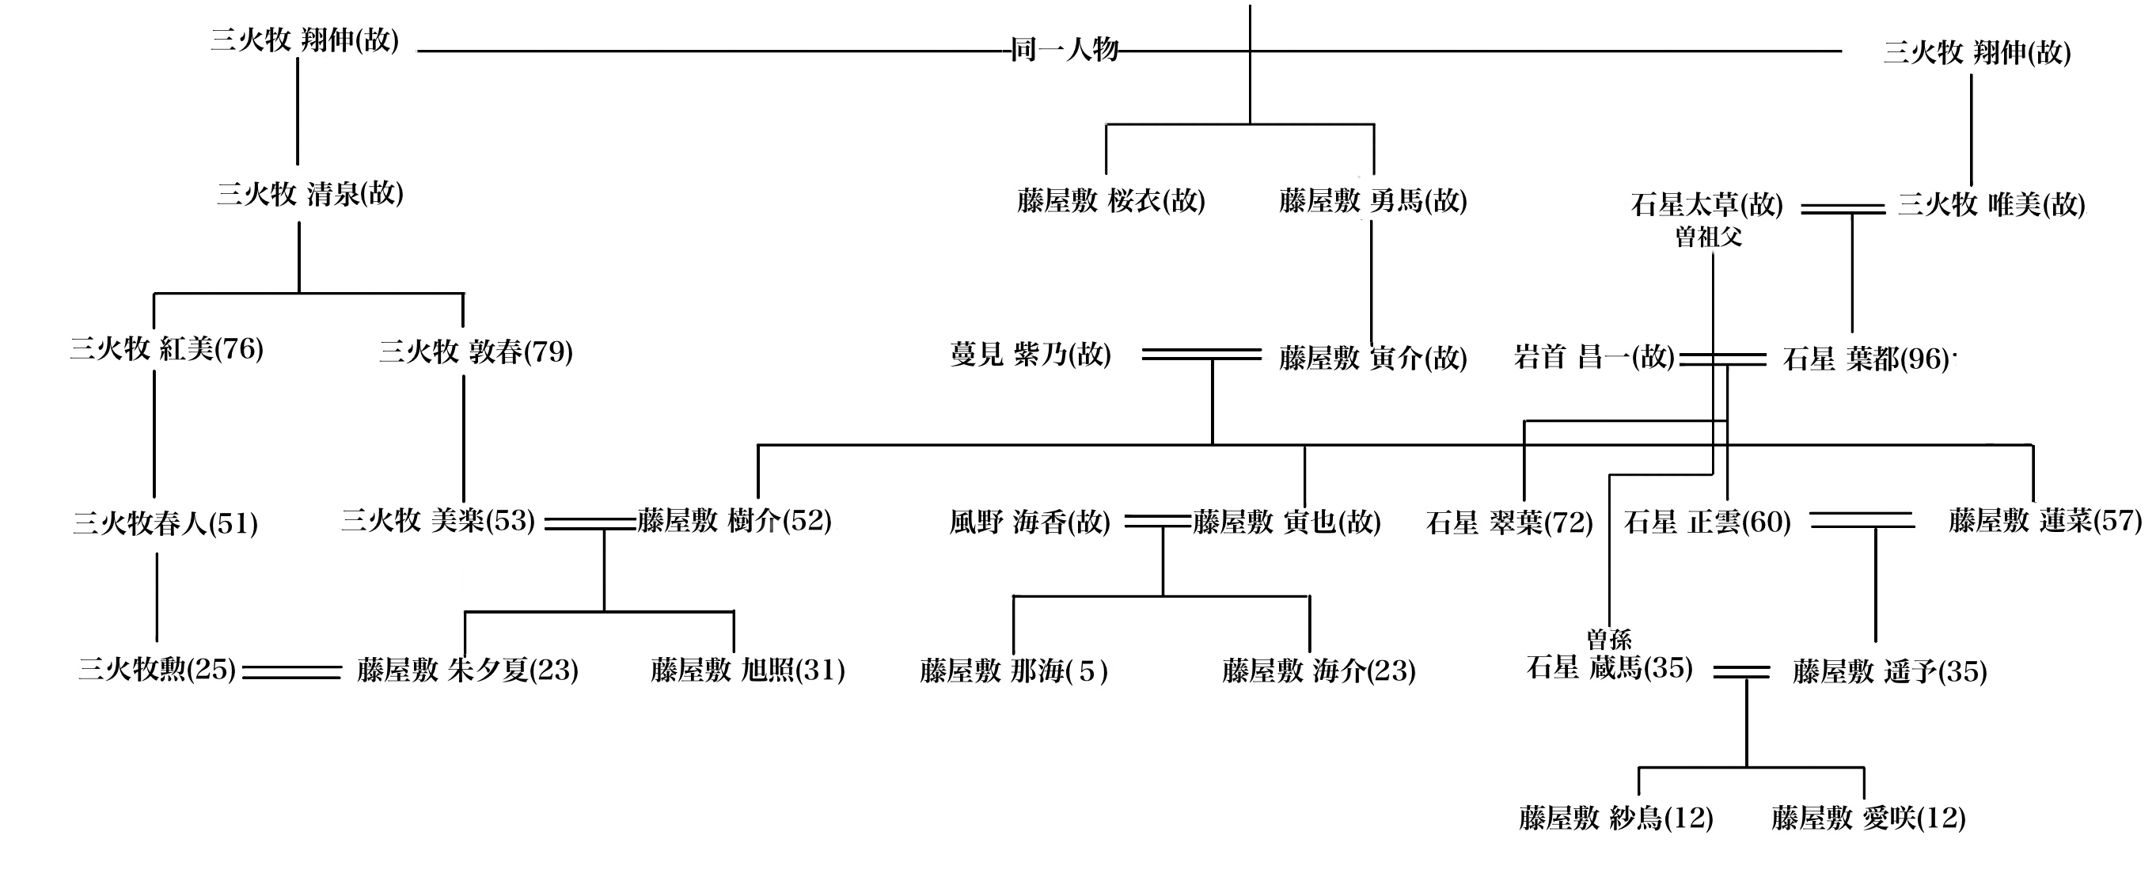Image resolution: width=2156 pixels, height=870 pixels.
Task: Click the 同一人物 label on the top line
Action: [1064, 50]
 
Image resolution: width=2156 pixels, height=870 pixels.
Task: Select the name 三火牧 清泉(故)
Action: [309, 194]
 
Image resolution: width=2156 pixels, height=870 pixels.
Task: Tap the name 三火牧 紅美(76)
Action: [165, 349]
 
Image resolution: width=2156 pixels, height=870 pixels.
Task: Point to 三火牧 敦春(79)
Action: [476, 351]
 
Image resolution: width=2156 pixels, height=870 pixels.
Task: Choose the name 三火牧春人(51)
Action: [165, 524]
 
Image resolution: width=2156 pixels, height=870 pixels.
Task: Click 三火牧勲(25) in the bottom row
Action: [157, 670]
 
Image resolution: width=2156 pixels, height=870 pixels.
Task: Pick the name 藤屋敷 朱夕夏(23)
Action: [467, 671]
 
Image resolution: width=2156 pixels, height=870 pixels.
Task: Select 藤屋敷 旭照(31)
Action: [747, 671]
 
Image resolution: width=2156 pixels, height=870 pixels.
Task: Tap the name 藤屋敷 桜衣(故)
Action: [1110, 201]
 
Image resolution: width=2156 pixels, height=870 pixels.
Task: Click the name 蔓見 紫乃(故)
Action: [1031, 355]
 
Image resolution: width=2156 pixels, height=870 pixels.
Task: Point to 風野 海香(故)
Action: [1030, 522]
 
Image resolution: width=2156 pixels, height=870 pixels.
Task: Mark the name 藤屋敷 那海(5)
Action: [1014, 671]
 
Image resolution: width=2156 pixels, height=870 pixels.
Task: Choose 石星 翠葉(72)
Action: [1509, 523]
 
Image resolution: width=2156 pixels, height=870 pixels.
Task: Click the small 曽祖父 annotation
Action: [1708, 237]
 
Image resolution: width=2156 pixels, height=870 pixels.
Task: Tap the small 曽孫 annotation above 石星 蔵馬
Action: [1608, 640]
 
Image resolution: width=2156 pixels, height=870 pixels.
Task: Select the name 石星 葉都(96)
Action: [1866, 359]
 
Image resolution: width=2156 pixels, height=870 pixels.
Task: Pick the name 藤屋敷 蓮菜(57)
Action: [2044, 521]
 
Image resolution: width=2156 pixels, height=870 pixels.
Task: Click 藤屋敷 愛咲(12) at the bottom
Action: [1868, 818]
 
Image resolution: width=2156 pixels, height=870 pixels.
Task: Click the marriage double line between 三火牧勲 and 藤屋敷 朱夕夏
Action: [291, 671]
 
